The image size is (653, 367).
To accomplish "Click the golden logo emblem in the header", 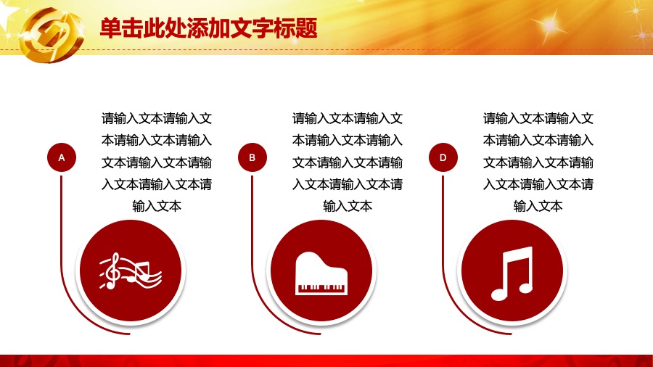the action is [x=52, y=35].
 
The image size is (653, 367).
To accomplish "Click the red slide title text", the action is [x=209, y=28].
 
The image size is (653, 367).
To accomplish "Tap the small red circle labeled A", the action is [x=62, y=157].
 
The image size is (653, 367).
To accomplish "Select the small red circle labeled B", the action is [x=252, y=157].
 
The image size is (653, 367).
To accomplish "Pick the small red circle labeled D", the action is [x=443, y=157].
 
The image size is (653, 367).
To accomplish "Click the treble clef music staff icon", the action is [x=131, y=271].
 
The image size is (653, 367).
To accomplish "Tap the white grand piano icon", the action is [x=321, y=273].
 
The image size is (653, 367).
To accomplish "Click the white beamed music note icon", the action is [x=512, y=273].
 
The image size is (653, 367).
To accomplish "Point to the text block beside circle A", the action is [x=157, y=162].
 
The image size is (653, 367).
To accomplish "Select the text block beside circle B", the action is [x=348, y=162].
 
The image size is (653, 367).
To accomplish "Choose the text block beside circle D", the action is [x=538, y=162].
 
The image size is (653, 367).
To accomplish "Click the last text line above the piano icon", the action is [x=348, y=206].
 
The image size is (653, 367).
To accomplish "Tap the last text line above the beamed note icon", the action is [x=538, y=206].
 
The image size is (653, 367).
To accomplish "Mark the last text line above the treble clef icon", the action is [x=157, y=206].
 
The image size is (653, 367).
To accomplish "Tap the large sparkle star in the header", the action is [x=549, y=26].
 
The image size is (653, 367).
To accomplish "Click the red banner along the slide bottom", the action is [x=326, y=360].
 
